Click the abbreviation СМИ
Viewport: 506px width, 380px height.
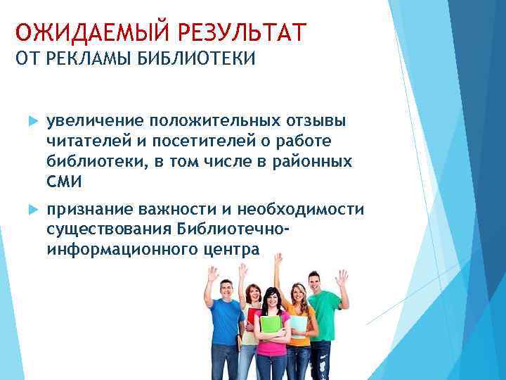coord(65,182)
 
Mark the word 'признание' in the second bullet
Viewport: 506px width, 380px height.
coord(90,210)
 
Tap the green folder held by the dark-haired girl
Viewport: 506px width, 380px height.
coord(270,327)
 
